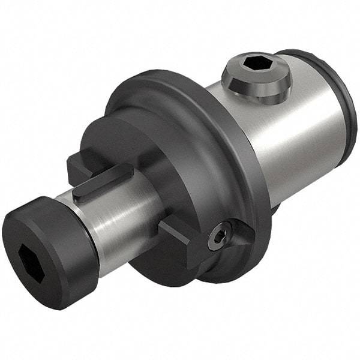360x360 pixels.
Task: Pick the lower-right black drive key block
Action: [x=180, y=240]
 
